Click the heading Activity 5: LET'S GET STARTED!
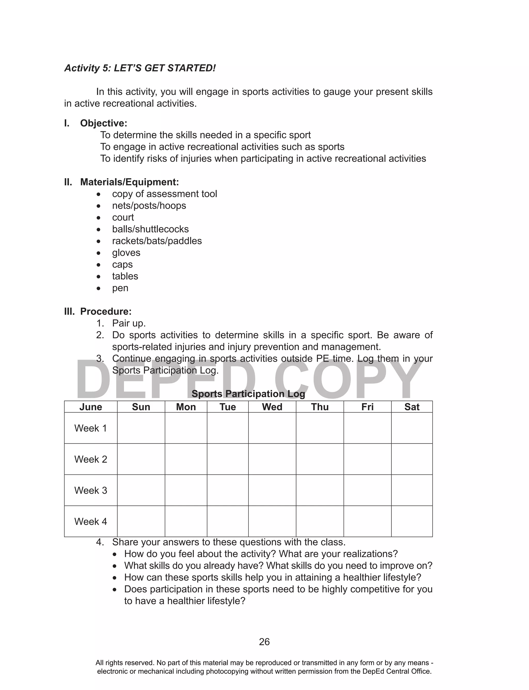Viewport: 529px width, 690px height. tap(140, 68)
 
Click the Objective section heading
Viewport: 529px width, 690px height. tap(103, 123)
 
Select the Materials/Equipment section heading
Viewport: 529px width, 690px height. tap(129, 182)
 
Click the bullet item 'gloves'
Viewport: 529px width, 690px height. tap(126, 253)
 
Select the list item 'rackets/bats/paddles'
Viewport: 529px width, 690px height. tap(157, 241)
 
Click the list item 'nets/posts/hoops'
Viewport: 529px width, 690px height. tap(149, 206)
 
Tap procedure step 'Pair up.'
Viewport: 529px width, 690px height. tap(129, 323)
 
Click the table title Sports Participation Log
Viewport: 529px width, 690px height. tap(248, 394)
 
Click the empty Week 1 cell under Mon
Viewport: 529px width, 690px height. tap(186, 428)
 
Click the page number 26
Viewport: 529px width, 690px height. tap(264, 642)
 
